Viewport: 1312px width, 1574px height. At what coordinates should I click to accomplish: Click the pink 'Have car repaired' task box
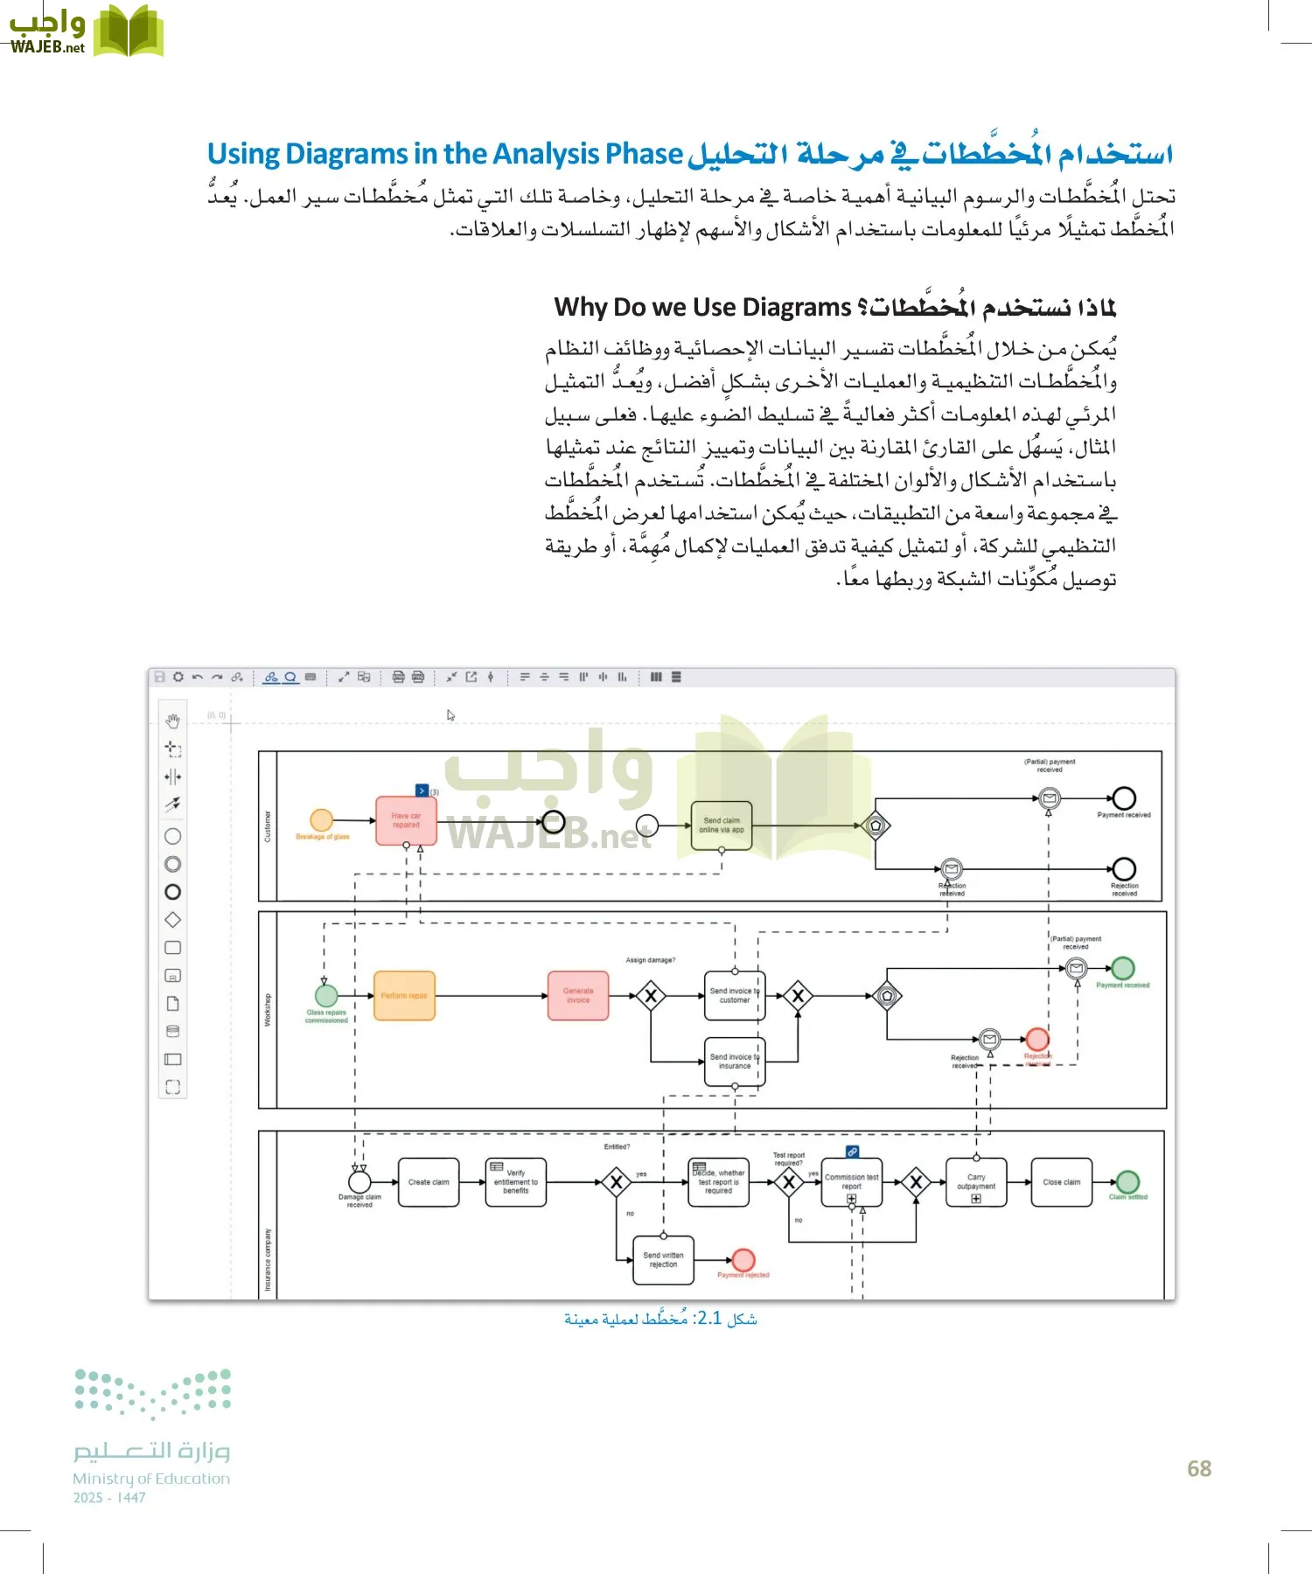click(x=406, y=820)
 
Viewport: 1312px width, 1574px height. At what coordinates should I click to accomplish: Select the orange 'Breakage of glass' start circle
click(x=322, y=819)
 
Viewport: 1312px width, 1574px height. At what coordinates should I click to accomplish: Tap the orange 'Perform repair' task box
click(x=404, y=996)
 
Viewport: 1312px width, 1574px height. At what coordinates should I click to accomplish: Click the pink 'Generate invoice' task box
click(x=578, y=996)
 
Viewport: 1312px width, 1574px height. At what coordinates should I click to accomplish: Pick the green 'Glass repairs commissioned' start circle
click(x=326, y=996)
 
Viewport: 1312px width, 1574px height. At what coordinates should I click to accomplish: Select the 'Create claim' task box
click(x=429, y=1182)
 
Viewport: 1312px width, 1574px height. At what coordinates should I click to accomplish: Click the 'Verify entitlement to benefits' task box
click(x=516, y=1182)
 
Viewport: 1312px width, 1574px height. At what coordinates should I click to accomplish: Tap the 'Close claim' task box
click(x=1061, y=1182)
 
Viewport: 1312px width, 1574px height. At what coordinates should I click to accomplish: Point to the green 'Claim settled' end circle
click(x=1127, y=1182)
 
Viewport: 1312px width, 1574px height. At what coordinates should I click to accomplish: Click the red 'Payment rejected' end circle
click(x=743, y=1260)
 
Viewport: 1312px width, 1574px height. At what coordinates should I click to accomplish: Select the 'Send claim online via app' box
click(x=722, y=825)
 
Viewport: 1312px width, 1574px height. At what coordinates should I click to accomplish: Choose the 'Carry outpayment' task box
click(x=976, y=1182)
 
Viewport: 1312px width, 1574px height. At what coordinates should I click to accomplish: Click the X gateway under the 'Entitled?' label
click(x=617, y=1183)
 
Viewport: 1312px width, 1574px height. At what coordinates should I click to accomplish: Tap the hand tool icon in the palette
click(x=173, y=721)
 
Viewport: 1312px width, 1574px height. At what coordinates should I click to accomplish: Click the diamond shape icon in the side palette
click(x=173, y=920)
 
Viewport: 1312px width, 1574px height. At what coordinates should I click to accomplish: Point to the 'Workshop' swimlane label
click(x=268, y=1009)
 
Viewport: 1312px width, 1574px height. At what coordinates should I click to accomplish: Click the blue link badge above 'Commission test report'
click(x=852, y=1152)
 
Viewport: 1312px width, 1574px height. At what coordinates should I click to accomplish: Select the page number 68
click(x=1199, y=1469)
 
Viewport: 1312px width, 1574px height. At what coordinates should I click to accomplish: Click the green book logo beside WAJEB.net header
click(x=129, y=32)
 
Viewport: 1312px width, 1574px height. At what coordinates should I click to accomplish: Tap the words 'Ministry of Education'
click(x=151, y=1479)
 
